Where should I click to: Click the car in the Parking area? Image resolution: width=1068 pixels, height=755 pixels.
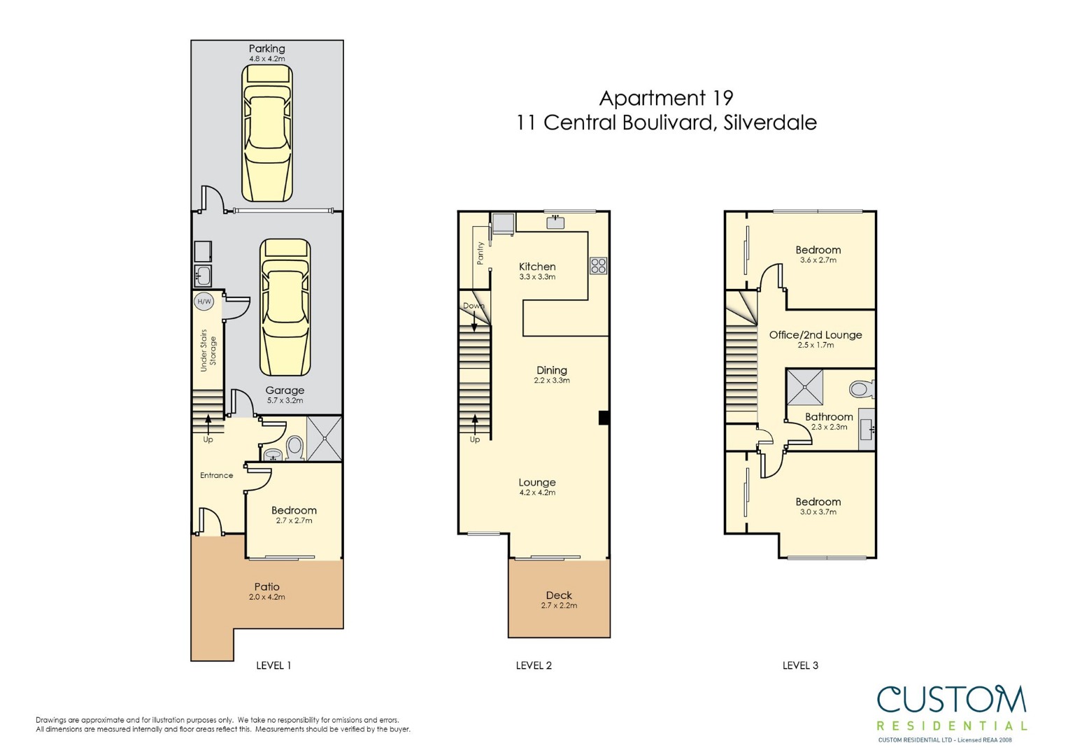point(267,133)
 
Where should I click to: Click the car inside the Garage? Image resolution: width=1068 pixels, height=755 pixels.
point(285,308)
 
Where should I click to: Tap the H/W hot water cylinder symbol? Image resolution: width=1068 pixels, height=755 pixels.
point(204,302)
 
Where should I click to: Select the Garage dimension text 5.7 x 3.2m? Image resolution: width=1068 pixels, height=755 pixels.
point(285,401)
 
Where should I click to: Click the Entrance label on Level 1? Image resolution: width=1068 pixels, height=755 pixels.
point(216,475)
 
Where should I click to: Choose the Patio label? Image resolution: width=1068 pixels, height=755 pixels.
point(267,586)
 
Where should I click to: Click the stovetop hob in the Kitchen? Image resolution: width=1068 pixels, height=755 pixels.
point(599,266)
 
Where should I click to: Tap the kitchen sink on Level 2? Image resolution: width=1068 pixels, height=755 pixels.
point(555,223)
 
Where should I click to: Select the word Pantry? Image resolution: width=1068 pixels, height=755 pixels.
point(480,253)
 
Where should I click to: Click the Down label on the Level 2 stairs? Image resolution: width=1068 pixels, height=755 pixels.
point(474,306)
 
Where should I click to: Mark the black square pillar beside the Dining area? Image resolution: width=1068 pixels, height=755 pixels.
point(604,417)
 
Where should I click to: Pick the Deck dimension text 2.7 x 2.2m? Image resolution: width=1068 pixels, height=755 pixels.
point(559,606)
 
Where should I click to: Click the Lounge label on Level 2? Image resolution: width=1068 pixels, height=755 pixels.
point(537,482)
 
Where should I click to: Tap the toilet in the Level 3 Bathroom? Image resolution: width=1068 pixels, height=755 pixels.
point(862,389)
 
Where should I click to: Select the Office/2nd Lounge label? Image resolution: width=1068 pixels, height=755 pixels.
point(816,334)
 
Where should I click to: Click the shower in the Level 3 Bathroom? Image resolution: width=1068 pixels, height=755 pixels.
point(805,387)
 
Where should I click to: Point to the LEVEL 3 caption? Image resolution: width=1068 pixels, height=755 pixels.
point(801,665)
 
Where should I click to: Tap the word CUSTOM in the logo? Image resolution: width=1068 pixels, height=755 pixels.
point(952,700)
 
